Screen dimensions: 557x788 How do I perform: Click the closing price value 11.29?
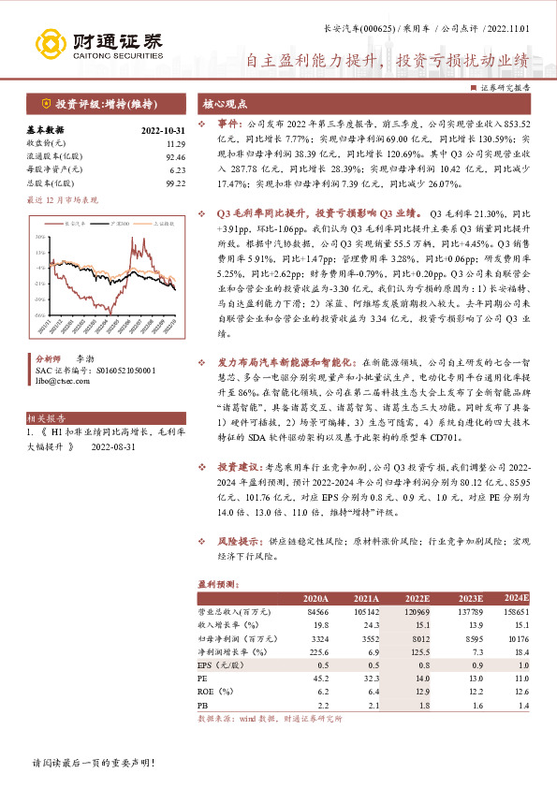175,144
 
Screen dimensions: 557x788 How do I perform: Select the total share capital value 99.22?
175,184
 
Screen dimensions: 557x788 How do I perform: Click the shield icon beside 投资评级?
46,103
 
